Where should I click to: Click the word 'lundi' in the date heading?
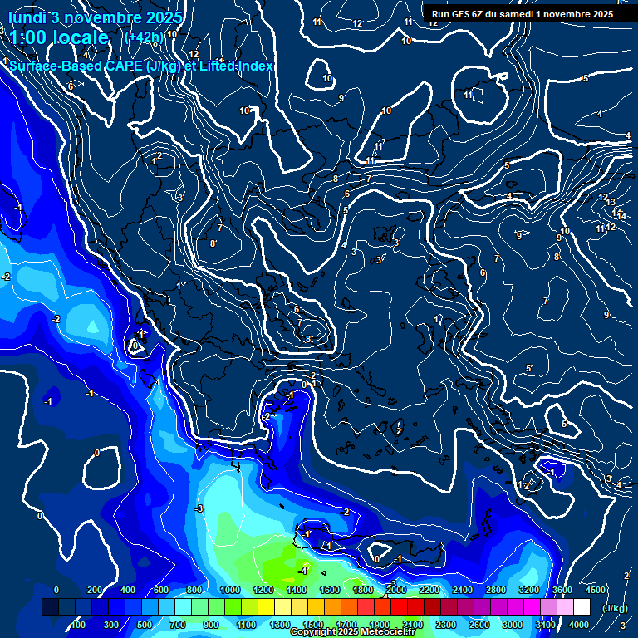[x=26, y=17]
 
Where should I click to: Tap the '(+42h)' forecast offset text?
[x=143, y=37]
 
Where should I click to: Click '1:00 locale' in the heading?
[x=58, y=37]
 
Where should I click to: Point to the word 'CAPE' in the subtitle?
[x=123, y=66]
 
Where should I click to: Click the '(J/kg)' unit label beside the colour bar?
[x=614, y=608]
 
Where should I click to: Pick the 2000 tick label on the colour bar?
[x=395, y=590]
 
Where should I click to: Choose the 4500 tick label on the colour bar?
[x=595, y=590]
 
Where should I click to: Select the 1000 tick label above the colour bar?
[x=229, y=590]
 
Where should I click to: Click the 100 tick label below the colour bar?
[x=79, y=624]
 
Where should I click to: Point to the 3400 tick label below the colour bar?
[x=545, y=624]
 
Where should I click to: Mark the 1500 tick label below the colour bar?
[x=313, y=624]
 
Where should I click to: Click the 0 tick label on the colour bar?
[x=56, y=590]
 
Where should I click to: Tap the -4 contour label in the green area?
[x=303, y=571]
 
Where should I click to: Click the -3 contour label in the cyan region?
[x=198, y=508]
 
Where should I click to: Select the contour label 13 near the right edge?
[x=611, y=202]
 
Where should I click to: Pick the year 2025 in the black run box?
[x=602, y=14]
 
